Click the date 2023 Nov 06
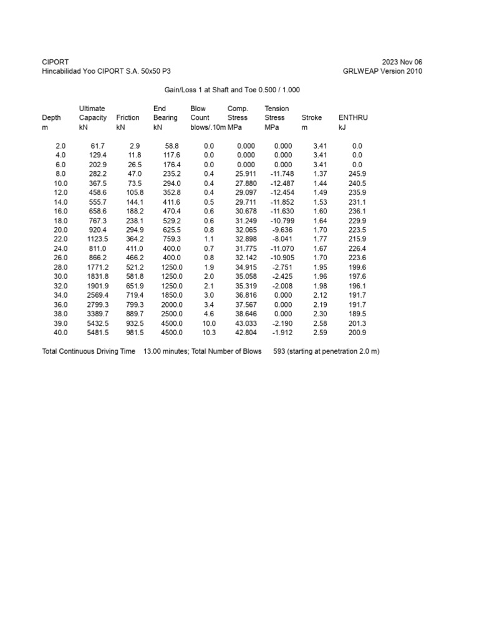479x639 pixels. pos(402,62)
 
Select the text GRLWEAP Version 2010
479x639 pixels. pos(382,71)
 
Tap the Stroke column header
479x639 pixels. pos(312,117)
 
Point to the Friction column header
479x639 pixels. pos(128,117)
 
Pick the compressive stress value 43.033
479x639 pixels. pos(245,323)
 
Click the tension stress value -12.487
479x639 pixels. pos(281,183)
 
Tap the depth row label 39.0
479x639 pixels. pos(60,323)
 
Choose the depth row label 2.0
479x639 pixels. pos(60,145)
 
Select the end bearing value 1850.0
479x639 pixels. pos(170,295)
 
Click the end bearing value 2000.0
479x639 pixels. pos(170,305)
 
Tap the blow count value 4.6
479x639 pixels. pos(209,314)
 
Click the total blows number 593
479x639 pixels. pos(279,351)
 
